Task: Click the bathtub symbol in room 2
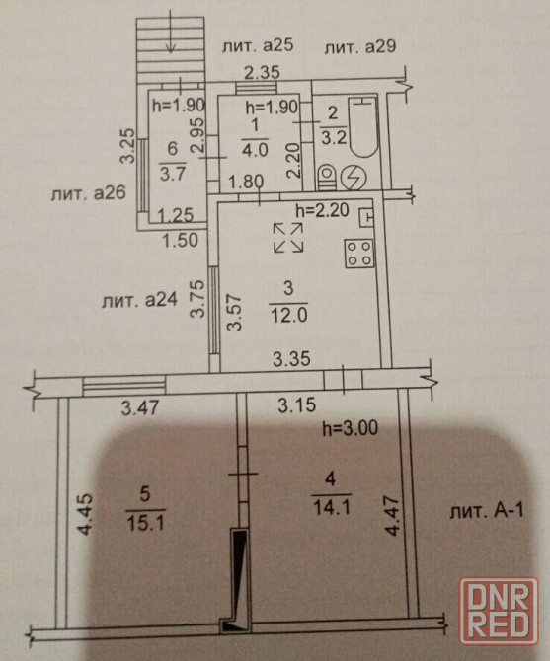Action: (362, 126)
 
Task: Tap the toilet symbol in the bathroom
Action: (326, 178)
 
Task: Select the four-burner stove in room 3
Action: (359, 254)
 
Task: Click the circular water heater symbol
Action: (354, 178)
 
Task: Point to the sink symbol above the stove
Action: (366, 218)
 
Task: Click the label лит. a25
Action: (258, 46)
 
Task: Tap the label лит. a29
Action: (359, 47)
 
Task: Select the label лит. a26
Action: (89, 194)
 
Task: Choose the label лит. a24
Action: (139, 300)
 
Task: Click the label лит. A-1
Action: (487, 511)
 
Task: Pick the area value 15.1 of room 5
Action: (145, 524)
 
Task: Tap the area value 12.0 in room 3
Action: (289, 315)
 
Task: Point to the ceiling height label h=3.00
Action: (351, 428)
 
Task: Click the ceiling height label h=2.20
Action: (322, 209)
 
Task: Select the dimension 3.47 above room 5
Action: (140, 408)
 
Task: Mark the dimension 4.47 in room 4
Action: (392, 516)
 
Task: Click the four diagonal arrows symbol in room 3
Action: (288, 238)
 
